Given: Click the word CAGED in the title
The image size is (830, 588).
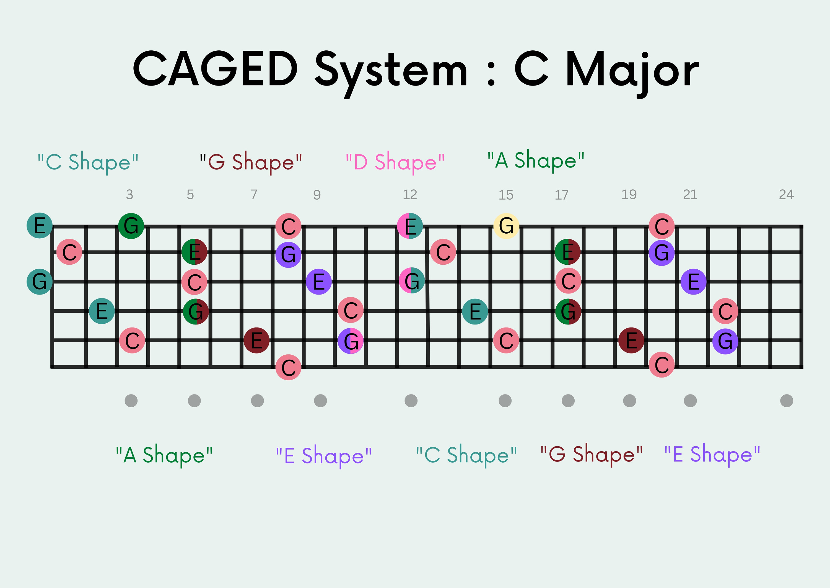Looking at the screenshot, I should tap(215, 69).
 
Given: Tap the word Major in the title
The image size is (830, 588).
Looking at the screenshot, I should tap(632, 71).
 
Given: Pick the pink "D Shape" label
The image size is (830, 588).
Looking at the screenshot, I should tap(395, 162).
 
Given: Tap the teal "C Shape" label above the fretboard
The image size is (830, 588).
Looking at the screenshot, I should tap(88, 162).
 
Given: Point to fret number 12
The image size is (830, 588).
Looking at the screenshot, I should tap(410, 195).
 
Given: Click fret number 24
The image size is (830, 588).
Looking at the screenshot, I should tap(786, 195).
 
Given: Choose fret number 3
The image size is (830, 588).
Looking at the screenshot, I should tap(129, 195).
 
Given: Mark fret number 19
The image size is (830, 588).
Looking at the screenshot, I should tap(629, 195).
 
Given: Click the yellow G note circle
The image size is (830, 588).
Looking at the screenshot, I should tap(506, 226).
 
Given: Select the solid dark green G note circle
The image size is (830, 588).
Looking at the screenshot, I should tap(131, 226).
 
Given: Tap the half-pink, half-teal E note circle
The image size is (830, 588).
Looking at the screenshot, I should tap(410, 226).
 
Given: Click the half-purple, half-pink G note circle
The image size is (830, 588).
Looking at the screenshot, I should tap(351, 341).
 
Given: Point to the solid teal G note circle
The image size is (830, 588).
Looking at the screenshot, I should tap(40, 281).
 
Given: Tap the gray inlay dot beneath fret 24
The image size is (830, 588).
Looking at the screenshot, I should tap(787, 401).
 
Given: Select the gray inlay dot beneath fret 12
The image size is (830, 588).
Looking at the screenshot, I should tap(411, 401).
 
